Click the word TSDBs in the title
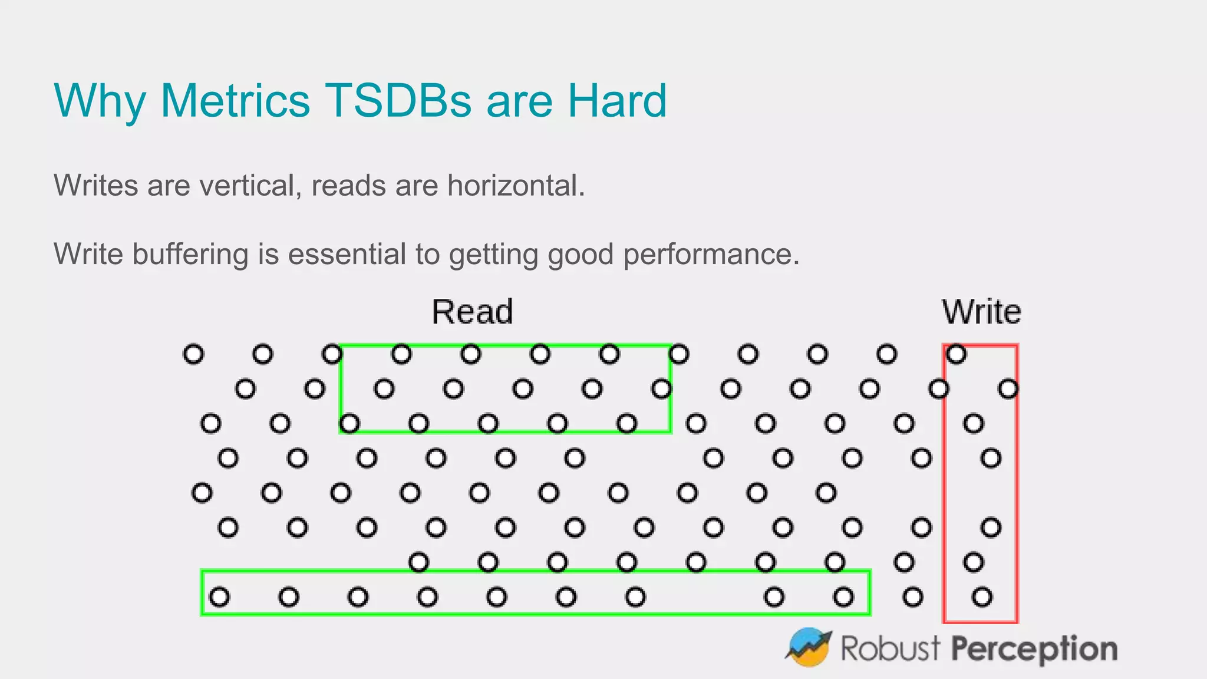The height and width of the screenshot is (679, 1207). tap(398, 101)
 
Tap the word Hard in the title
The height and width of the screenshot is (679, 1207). tap(616, 101)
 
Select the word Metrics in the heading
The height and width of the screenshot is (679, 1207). tap(235, 101)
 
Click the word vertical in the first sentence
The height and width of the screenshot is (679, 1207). tap(247, 186)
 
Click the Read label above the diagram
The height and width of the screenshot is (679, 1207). tap(472, 312)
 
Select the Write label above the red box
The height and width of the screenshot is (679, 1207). tap(981, 312)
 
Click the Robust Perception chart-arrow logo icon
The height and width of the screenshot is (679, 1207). tap(808, 647)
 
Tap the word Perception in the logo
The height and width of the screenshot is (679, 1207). tap(1034, 649)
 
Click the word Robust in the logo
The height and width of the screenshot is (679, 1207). tap(890, 648)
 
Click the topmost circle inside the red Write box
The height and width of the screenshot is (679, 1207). tap(956, 354)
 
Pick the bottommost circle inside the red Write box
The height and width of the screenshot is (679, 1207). tap(982, 597)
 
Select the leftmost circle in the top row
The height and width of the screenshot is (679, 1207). tap(193, 354)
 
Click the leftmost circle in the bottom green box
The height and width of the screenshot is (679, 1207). tap(219, 597)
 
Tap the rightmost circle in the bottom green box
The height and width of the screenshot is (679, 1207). tap(843, 597)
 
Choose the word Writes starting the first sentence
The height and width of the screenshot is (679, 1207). tap(96, 186)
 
